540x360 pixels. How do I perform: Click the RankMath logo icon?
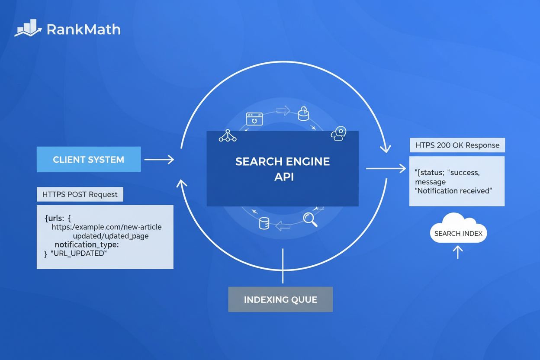tap(29, 28)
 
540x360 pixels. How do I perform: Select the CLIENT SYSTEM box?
tap(89, 160)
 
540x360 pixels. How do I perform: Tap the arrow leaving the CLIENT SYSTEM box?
tap(159, 160)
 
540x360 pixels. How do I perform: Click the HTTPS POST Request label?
tap(80, 195)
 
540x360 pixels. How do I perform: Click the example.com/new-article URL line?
tap(106, 227)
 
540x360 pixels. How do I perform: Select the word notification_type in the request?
tap(87, 245)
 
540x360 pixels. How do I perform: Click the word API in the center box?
tap(284, 177)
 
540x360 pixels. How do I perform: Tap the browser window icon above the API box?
tap(254, 119)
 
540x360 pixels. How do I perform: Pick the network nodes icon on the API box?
tap(228, 136)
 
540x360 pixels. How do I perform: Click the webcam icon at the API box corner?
tap(339, 134)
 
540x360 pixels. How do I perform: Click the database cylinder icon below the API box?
tap(264, 223)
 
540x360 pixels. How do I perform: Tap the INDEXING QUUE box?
tap(280, 299)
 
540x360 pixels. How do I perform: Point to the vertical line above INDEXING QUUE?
tap(283, 266)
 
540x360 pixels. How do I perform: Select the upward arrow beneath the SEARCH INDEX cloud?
tap(458, 252)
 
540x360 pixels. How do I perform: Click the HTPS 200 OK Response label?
tap(457, 145)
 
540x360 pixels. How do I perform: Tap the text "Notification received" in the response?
tap(453, 190)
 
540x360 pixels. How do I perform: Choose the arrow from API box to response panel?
tap(385, 168)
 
